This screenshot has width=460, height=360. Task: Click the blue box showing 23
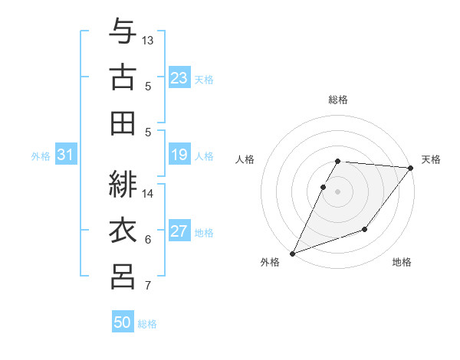(179, 78)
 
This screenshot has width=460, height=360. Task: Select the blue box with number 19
(179, 155)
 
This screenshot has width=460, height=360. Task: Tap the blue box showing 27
(179, 232)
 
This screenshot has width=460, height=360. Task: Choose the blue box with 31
(65, 155)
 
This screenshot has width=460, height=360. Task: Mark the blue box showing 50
(123, 322)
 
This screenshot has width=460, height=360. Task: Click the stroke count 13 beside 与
(148, 40)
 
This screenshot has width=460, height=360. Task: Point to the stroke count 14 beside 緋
(148, 193)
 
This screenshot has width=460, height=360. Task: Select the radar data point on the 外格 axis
(292, 253)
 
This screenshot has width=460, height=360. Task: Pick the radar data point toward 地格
(365, 229)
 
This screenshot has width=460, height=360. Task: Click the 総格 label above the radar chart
(338, 100)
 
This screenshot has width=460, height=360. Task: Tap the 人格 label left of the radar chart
(245, 159)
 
